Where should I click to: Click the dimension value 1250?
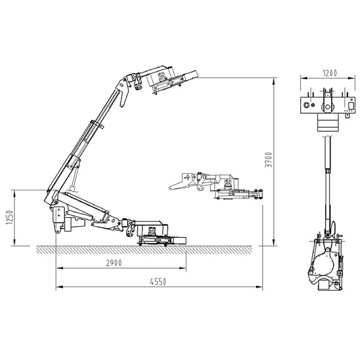coord(9,217)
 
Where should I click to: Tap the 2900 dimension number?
coord(114,263)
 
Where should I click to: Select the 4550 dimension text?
coord(158,282)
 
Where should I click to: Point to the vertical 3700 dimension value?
coord(268,160)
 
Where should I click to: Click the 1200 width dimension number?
coord(330,73)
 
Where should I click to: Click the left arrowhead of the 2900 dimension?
coord(59,268)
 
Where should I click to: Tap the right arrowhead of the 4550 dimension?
coord(259,287)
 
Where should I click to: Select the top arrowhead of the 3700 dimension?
coord(274,81)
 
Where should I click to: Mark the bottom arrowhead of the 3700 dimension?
coord(274,243)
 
